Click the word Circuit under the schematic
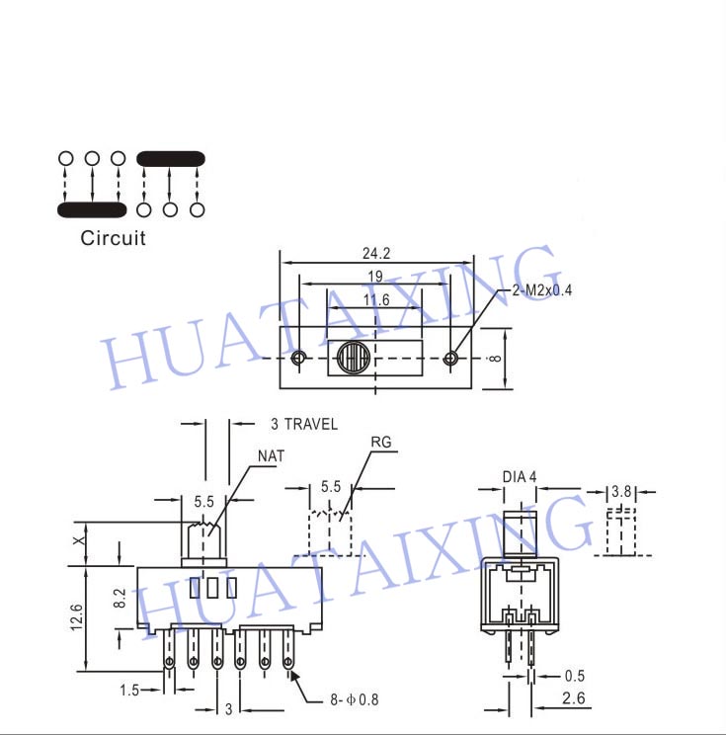click(113, 238)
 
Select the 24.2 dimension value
click(376, 254)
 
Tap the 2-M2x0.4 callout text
click(542, 290)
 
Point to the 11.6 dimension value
click(376, 300)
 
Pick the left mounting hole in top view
click(298, 359)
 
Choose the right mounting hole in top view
click(450, 359)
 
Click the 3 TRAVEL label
click(304, 424)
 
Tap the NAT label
click(271, 455)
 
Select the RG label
click(381, 442)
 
